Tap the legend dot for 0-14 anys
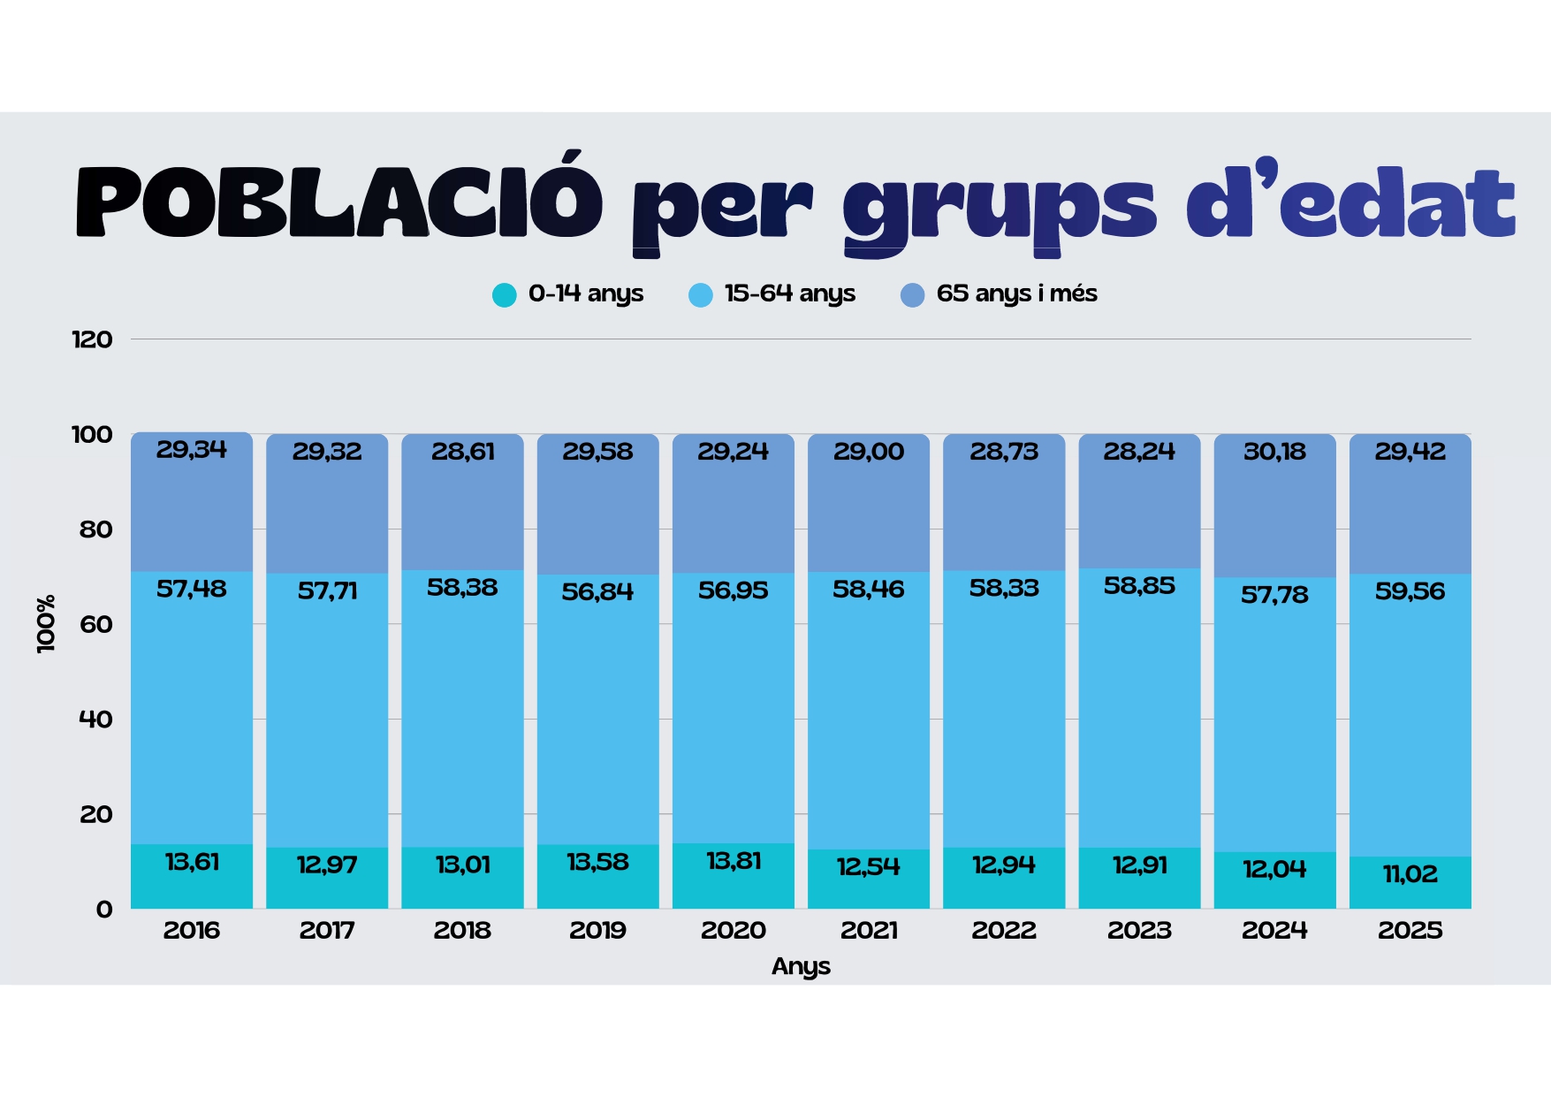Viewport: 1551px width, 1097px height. point(504,294)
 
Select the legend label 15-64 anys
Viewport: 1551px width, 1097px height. point(789,293)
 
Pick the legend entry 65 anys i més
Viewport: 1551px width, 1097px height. point(1016,293)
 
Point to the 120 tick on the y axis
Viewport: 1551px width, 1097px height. point(92,339)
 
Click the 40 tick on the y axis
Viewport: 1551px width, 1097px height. point(95,720)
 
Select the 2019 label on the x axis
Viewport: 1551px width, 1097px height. point(597,930)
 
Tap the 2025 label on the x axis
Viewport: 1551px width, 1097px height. point(1410,930)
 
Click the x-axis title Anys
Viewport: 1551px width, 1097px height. point(801,966)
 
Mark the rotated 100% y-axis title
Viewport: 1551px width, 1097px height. point(46,624)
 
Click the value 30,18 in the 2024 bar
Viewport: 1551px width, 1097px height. point(1274,452)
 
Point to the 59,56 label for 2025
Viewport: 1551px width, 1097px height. point(1410,590)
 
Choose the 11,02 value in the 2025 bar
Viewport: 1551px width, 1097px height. point(1410,874)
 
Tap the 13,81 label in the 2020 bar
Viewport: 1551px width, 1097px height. point(734,861)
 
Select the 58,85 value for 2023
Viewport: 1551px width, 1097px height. point(1139,585)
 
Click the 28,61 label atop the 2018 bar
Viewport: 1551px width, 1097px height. point(462,452)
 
